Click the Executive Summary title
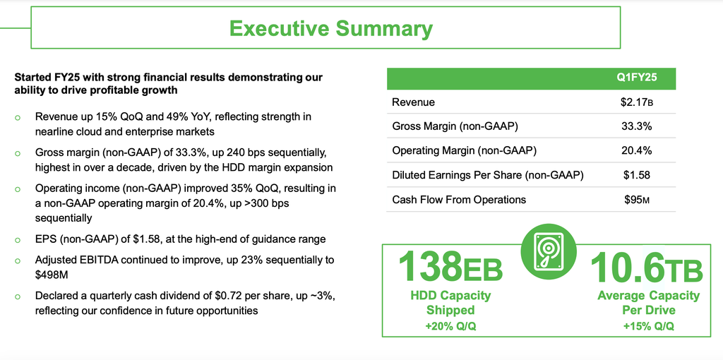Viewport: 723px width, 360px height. pyautogui.click(x=330, y=28)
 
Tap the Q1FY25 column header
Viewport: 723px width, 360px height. pyautogui.click(x=637, y=78)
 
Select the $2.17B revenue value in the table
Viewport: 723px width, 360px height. pyautogui.click(x=637, y=102)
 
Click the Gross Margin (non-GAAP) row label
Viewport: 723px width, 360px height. pyautogui.click(x=453, y=126)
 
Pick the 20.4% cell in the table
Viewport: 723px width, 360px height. pyautogui.click(x=637, y=150)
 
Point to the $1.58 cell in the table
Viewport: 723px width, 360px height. pyautogui.click(x=637, y=175)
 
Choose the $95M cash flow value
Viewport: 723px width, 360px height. pyautogui.click(x=637, y=200)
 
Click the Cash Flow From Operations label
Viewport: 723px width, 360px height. pyautogui.click(x=459, y=200)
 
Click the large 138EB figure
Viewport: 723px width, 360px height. pyautogui.click(x=450, y=266)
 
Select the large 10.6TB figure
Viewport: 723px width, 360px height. pyautogui.click(x=646, y=266)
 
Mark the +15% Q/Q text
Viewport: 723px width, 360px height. pyautogui.click(x=648, y=326)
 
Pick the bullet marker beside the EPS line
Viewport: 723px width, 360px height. pyautogui.click(x=18, y=240)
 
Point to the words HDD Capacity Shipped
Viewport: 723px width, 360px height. pyautogui.click(x=450, y=302)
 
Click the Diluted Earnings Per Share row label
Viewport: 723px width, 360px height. pyautogui.click(x=488, y=175)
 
